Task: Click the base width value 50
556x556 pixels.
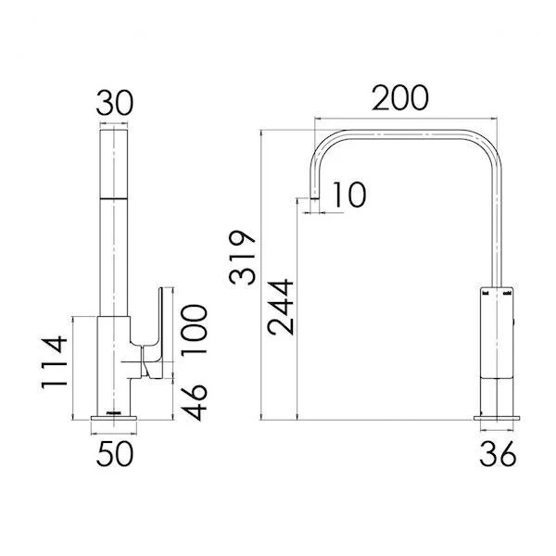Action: point(116,454)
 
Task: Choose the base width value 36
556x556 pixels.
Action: point(499,454)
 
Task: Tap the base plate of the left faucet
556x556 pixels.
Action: point(115,423)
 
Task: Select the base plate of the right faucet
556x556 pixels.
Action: point(499,423)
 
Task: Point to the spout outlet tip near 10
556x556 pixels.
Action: point(315,197)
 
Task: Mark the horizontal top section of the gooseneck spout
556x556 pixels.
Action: point(408,135)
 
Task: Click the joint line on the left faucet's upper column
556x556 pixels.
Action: point(115,198)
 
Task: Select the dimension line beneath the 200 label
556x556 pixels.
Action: point(408,118)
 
